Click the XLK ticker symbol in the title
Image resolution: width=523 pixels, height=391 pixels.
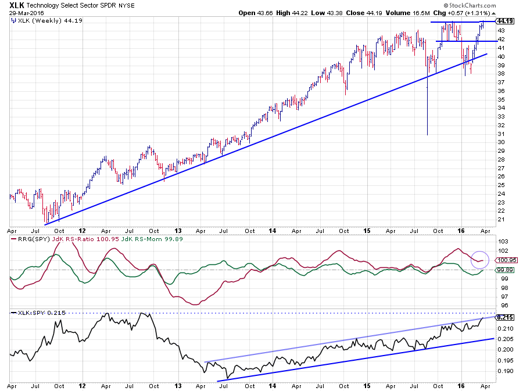(17, 5)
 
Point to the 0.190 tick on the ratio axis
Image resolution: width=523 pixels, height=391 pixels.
(503, 371)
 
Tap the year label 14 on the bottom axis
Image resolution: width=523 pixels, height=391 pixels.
(273, 386)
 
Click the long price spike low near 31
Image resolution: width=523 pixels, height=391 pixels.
(427, 134)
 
